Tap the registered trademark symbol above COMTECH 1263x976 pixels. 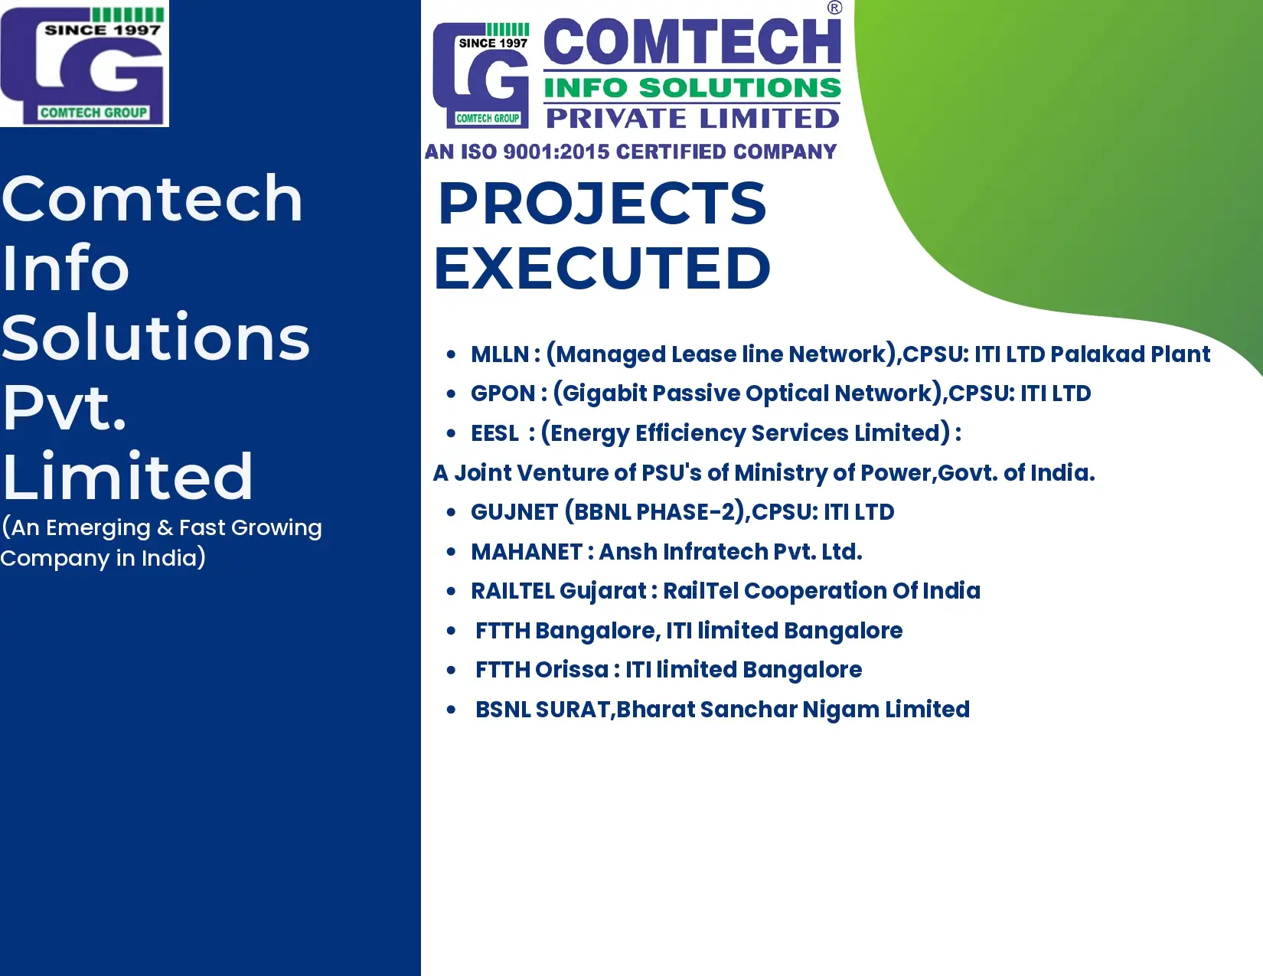(x=834, y=8)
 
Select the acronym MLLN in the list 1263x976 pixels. (x=500, y=354)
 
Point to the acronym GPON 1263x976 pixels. (x=503, y=393)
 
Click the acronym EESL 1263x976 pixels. (x=494, y=433)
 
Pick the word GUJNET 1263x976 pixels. (x=514, y=512)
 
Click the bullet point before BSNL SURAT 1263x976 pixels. (x=451, y=709)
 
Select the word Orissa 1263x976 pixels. (x=571, y=670)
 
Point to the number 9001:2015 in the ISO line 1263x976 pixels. (x=556, y=152)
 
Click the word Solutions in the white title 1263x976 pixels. (x=155, y=338)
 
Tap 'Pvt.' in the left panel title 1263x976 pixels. (x=64, y=407)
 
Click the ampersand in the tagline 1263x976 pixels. (x=165, y=528)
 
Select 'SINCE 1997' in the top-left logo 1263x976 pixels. (x=103, y=30)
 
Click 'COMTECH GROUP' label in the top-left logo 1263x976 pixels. (x=93, y=113)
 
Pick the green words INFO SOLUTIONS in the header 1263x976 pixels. (x=692, y=88)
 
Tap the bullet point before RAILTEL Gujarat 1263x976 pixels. (x=451, y=591)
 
